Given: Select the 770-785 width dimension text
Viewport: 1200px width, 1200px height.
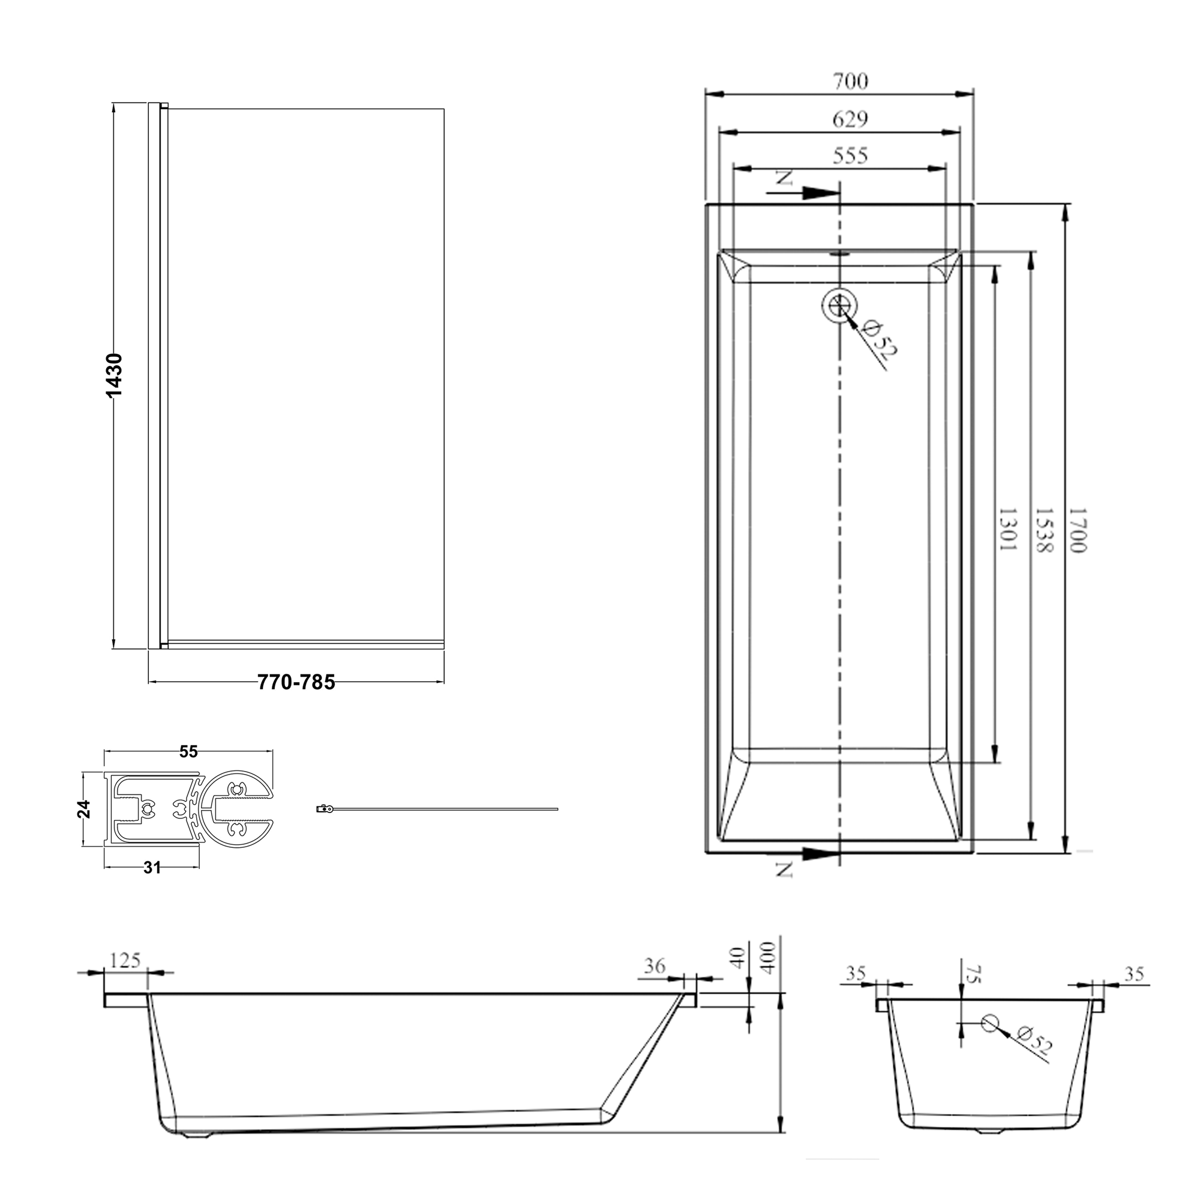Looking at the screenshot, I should click(296, 682).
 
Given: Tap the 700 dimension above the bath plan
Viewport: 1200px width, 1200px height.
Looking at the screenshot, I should click(850, 82).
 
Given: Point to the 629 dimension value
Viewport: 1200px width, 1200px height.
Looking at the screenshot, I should click(850, 119).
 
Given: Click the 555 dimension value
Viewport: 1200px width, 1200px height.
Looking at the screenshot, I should click(850, 155).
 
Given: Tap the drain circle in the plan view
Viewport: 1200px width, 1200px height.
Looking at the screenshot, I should click(839, 305).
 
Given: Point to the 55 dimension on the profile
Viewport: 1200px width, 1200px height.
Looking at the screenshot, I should click(188, 752).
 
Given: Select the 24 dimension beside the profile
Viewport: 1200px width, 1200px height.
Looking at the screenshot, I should click(85, 809).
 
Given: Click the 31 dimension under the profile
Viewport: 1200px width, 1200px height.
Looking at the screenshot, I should click(152, 868).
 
